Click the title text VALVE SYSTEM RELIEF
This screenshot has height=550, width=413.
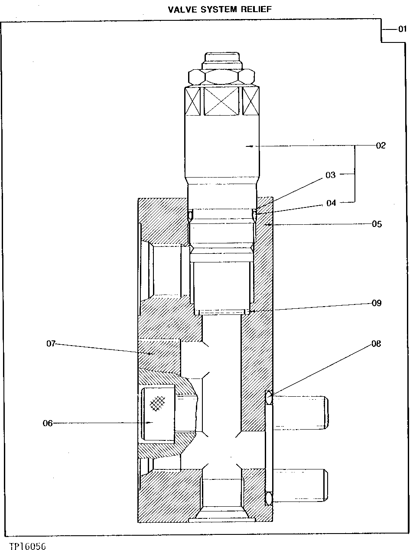click(x=220, y=9)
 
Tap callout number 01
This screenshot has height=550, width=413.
click(x=402, y=29)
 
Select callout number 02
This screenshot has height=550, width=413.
click(x=380, y=146)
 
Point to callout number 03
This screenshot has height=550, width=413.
click(x=330, y=175)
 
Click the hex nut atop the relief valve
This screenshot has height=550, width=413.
click(x=221, y=77)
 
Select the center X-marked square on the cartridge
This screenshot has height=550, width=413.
click(x=221, y=101)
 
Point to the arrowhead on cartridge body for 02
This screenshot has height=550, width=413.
click(x=248, y=147)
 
